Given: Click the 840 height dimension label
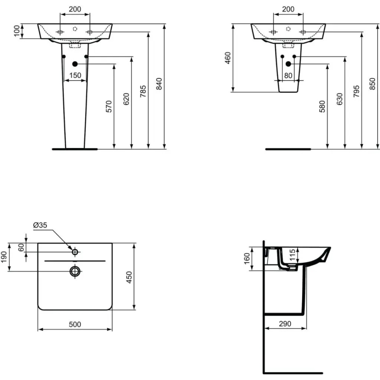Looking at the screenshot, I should pos(159,84).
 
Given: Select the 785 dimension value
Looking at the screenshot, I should pos(143,91).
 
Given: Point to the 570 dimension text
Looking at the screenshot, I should pos(109,106).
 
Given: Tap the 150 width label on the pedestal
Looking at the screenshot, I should pos(75,75).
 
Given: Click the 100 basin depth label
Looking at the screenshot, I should pos(17,31).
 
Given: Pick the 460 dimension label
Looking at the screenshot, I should pos(228,58).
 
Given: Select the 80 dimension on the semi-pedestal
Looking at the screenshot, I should pos(288,75).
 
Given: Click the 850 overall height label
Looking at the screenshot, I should pos(373,84).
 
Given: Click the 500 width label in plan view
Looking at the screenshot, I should pos(75,324).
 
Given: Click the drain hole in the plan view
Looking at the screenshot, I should pos(75,271).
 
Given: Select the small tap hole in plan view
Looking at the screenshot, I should pos(75,252).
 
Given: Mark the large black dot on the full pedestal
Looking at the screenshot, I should pos(75,64).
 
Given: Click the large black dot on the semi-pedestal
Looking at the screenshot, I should pos(288,64).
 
